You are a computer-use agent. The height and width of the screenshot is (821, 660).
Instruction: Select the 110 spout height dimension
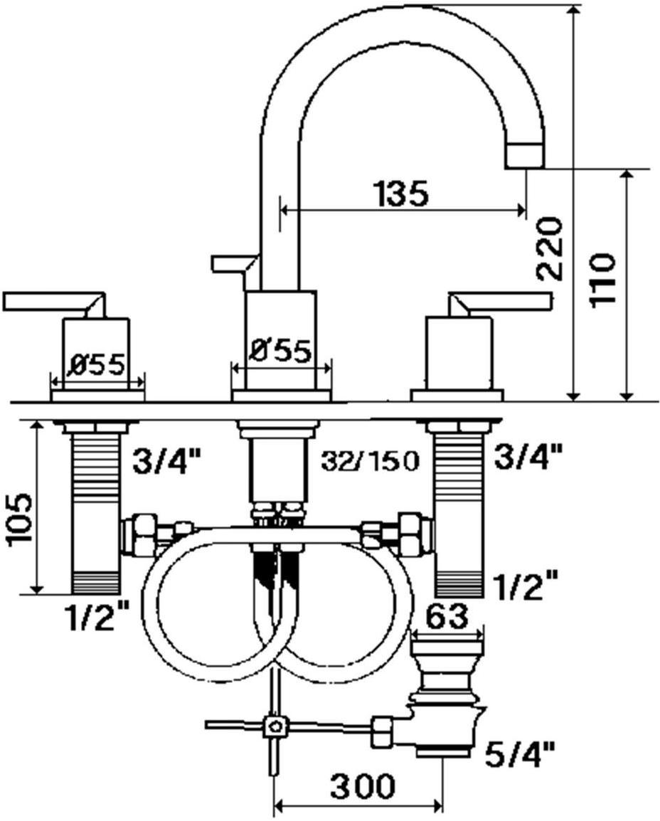tap(602, 278)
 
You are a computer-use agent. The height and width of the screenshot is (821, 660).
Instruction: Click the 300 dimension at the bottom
tap(361, 787)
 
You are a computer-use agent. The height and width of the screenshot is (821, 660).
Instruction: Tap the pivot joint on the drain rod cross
tap(274, 726)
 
